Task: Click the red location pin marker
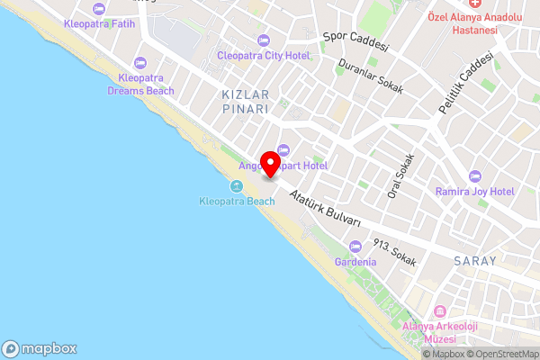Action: (x=269, y=163)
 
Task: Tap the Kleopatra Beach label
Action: (x=237, y=201)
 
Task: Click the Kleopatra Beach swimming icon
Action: (x=237, y=186)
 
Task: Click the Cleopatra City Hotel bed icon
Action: (x=264, y=40)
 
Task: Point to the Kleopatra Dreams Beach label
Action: (x=140, y=84)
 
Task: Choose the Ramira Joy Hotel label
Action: (x=473, y=192)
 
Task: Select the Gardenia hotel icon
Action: (x=355, y=246)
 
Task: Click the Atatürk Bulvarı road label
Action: (x=324, y=209)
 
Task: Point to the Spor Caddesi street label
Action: (x=355, y=43)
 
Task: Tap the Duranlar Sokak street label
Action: (x=370, y=78)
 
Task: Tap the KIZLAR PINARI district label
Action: (x=246, y=101)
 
